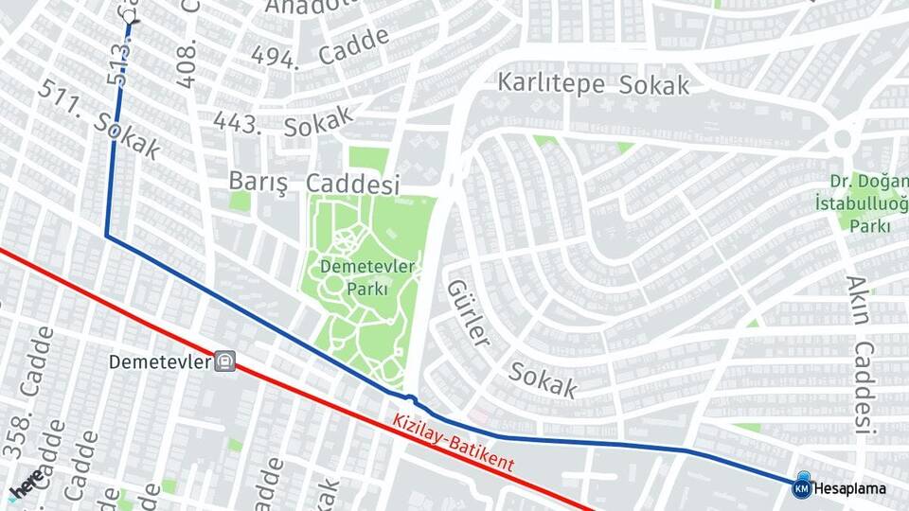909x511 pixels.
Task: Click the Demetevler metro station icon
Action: click(224, 361)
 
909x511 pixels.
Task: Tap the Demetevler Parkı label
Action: click(367, 277)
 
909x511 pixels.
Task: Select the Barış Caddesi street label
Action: click(314, 183)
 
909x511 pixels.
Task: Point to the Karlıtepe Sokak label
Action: click(594, 83)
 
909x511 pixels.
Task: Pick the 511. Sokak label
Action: click(99, 120)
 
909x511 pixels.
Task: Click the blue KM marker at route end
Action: click(801, 487)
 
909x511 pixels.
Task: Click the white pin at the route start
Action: click(129, 15)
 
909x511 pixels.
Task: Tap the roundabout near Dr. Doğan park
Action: click(840, 139)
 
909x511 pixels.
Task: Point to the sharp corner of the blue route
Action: click(106, 236)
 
